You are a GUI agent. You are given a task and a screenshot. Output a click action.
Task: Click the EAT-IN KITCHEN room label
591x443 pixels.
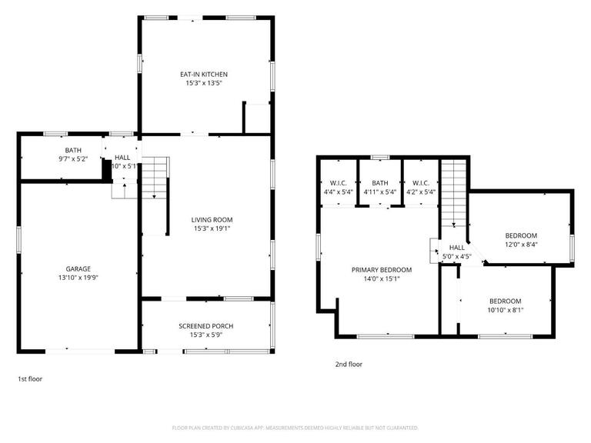(204, 75)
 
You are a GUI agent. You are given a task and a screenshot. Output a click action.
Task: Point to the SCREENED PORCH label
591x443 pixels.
(205, 326)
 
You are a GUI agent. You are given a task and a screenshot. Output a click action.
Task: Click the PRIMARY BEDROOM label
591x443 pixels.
(381, 270)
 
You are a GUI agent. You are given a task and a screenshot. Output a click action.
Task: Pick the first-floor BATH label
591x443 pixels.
(73, 151)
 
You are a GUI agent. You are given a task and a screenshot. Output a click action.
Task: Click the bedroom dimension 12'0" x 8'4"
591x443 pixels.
(521, 245)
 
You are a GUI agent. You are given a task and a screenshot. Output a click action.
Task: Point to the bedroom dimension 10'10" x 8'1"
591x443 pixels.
(506, 310)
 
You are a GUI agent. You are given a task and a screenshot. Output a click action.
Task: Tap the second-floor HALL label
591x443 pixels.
(451, 248)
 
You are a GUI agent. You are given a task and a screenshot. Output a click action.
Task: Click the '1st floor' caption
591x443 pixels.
(31, 378)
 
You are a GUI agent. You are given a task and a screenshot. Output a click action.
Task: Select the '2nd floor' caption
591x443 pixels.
(349, 365)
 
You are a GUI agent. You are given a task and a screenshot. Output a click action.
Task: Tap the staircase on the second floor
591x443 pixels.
(454, 192)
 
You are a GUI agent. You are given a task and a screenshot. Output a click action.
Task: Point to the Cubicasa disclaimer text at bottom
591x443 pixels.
(295, 428)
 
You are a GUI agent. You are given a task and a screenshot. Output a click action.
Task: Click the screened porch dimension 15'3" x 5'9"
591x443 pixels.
(205, 335)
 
